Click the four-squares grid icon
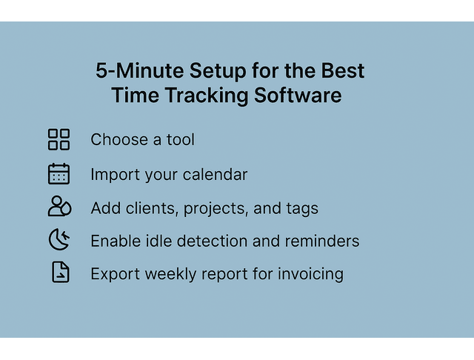pyautogui.click(x=59, y=139)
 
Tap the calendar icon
pyautogui.click(x=59, y=173)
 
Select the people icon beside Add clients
pyautogui.click(x=59, y=207)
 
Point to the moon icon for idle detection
pyautogui.click(x=59, y=239)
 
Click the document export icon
pyautogui.click(x=60, y=273)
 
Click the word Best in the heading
pyautogui.click(x=342, y=72)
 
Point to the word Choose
pyautogui.click(x=118, y=139)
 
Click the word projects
pyautogui.click(x=216, y=209)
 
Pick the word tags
pyautogui.click(x=301, y=209)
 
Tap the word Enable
pyautogui.click(x=115, y=241)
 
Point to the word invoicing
pyautogui.click(x=310, y=274)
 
